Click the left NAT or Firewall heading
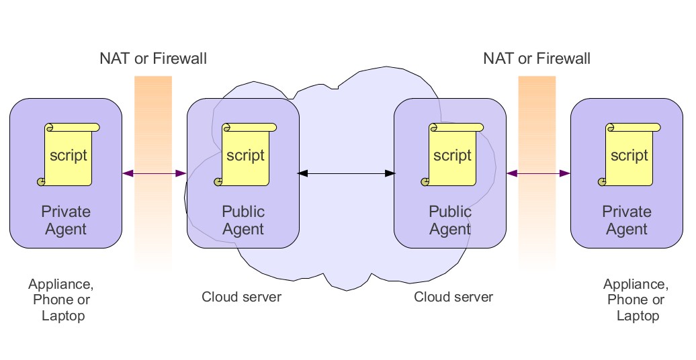point(153,58)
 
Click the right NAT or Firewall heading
point(537,58)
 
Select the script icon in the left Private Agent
point(68,154)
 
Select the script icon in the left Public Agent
point(245,154)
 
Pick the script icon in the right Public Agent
point(452,154)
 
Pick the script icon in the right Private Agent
point(629,154)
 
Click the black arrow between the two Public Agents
point(346,173)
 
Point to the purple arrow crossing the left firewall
point(154,173)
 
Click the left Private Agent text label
point(66,220)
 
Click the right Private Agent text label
point(627,220)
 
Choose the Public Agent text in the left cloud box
point(243,220)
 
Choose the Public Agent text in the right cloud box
point(450,220)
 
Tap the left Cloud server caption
point(242,297)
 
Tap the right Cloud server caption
point(453,297)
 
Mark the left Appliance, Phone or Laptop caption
point(61,300)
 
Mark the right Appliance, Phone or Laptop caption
point(636,300)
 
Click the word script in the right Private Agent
point(629,155)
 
